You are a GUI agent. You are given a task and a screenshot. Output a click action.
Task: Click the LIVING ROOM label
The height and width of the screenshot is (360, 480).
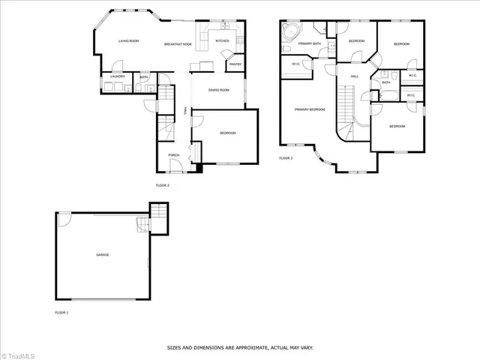[129, 41]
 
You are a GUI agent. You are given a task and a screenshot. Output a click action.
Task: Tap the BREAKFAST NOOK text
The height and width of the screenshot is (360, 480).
[178, 44]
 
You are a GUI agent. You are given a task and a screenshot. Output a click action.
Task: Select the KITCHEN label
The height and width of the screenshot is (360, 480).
[223, 40]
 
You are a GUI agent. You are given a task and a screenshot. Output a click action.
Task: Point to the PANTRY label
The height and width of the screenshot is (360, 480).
[235, 64]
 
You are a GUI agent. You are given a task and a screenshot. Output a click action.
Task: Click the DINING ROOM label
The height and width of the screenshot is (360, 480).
[218, 90]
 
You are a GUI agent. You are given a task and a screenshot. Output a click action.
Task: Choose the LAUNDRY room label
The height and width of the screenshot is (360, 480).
[117, 76]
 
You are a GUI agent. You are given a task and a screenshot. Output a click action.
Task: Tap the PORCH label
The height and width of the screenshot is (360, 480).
[173, 155]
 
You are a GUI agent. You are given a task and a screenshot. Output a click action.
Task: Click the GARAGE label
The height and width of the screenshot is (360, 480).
[102, 255]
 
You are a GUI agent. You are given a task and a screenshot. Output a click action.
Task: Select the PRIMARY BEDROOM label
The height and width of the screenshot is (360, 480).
[309, 110]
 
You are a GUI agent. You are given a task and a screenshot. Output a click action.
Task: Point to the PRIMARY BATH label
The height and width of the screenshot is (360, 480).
[310, 44]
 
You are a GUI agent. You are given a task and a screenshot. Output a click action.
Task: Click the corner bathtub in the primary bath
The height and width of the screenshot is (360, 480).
[289, 32]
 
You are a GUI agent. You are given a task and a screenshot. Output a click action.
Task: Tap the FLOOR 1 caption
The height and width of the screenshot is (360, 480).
[61, 311]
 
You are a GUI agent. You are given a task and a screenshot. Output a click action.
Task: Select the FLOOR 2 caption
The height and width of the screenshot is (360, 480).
[163, 184]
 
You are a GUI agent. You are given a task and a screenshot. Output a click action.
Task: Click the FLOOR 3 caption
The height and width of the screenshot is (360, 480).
[286, 158]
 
